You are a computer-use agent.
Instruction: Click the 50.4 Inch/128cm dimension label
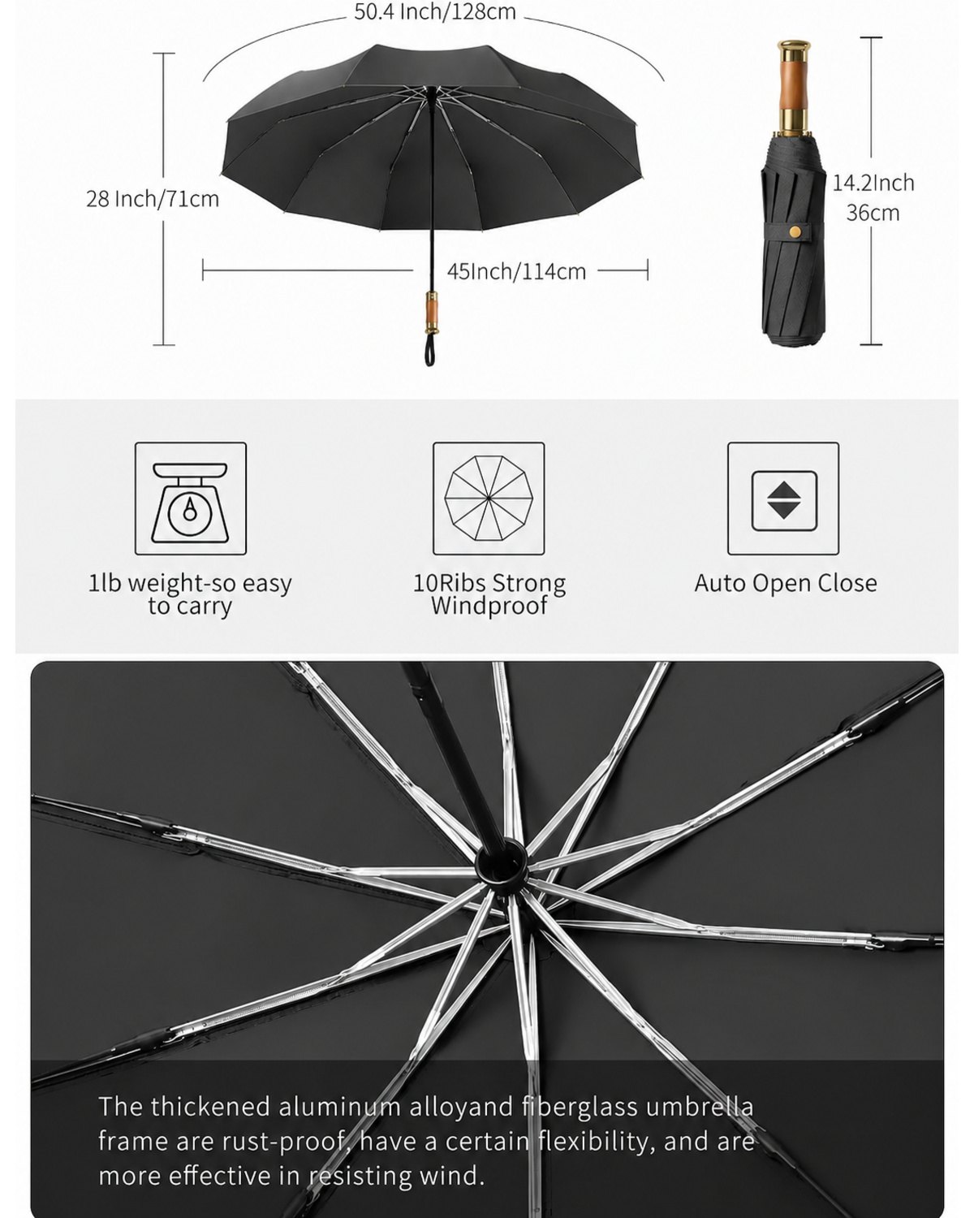click(x=435, y=12)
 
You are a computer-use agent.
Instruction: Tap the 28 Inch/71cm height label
click(x=153, y=199)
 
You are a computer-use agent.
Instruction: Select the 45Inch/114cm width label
click(x=516, y=272)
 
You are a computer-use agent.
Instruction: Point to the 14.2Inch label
click(x=873, y=183)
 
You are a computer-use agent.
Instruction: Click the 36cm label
click(x=873, y=213)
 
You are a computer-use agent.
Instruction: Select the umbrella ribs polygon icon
click(x=489, y=498)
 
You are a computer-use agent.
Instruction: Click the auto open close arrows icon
click(x=784, y=500)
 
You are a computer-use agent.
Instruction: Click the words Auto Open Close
click(x=786, y=583)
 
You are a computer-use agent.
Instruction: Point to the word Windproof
click(x=489, y=606)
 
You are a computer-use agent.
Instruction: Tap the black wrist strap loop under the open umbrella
click(x=431, y=350)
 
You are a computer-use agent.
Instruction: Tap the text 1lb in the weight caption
click(x=105, y=583)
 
